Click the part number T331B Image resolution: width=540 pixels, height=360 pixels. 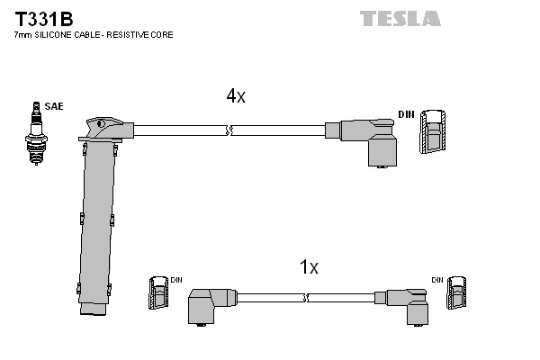click(44, 19)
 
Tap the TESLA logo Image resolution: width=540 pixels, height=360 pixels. click(400, 19)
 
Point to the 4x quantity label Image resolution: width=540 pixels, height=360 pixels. click(236, 95)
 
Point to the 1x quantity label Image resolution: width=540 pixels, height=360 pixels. click(309, 266)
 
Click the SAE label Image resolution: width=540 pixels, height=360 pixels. click(54, 106)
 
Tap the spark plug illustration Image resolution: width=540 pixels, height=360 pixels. click(36, 133)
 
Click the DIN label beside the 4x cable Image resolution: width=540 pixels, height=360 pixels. click(406, 114)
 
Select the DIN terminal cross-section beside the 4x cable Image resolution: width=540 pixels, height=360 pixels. click(432, 131)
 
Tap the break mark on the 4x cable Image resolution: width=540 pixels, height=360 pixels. click(229, 130)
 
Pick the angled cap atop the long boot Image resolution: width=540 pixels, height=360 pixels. click(106, 129)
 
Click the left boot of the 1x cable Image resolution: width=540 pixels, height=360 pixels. click(211, 306)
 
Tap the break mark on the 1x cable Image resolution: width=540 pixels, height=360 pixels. click(306, 298)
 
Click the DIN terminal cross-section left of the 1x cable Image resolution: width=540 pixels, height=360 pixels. click(158, 292)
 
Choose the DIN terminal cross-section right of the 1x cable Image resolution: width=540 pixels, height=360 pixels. click(456, 292)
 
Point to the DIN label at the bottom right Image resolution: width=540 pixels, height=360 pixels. click(437, 280)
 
